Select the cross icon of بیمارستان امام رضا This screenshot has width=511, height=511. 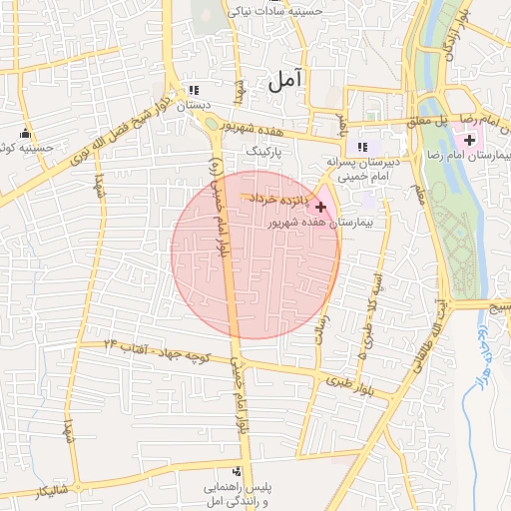pos(469,141)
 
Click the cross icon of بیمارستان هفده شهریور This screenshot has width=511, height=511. pos(320,207)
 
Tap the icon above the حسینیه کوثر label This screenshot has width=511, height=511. pos(26,134)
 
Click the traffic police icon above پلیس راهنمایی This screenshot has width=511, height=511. pos(237,471)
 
